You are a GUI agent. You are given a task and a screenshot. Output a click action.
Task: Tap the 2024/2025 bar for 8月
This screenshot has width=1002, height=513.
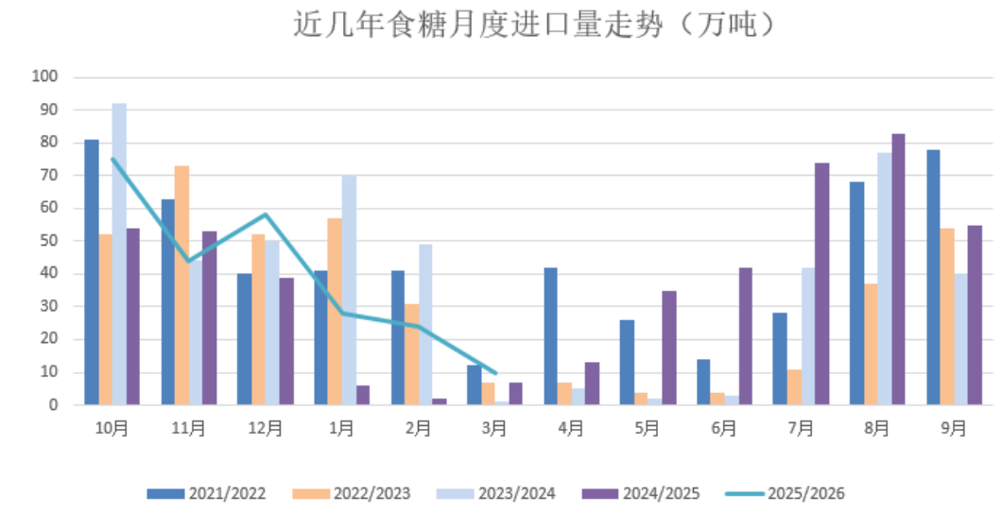[898, 269]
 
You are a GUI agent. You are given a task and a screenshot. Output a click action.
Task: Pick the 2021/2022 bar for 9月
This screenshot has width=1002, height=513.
[933, 277]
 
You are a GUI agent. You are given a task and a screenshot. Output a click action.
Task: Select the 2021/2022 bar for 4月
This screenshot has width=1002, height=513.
[550, 336]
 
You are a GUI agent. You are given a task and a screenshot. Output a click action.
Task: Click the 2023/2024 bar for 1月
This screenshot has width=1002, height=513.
[349, 290]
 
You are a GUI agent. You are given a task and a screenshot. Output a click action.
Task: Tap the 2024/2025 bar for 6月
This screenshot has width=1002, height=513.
[745, 336]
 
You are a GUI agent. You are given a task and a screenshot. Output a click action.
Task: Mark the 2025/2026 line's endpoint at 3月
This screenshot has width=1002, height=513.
[495, 372]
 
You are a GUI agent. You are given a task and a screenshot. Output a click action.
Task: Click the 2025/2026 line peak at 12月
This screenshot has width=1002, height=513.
[266, 214]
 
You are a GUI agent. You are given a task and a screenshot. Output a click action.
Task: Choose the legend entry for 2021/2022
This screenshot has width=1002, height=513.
[207, 493]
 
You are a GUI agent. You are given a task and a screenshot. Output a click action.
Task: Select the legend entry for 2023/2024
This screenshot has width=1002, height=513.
[496, 493]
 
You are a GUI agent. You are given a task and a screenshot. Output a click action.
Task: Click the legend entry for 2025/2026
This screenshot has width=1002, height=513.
[786, 493]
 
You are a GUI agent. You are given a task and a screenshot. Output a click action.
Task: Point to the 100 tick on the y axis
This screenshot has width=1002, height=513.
[44, 77]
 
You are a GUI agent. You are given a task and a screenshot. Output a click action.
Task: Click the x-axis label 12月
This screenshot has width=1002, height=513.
[266, 428]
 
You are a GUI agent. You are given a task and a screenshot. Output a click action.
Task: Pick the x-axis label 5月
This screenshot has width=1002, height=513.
[648, 428]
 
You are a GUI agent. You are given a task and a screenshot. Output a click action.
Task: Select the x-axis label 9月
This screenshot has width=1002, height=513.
[954, 428]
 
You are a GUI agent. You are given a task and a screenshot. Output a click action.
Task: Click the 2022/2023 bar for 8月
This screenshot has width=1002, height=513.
[871, 344]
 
